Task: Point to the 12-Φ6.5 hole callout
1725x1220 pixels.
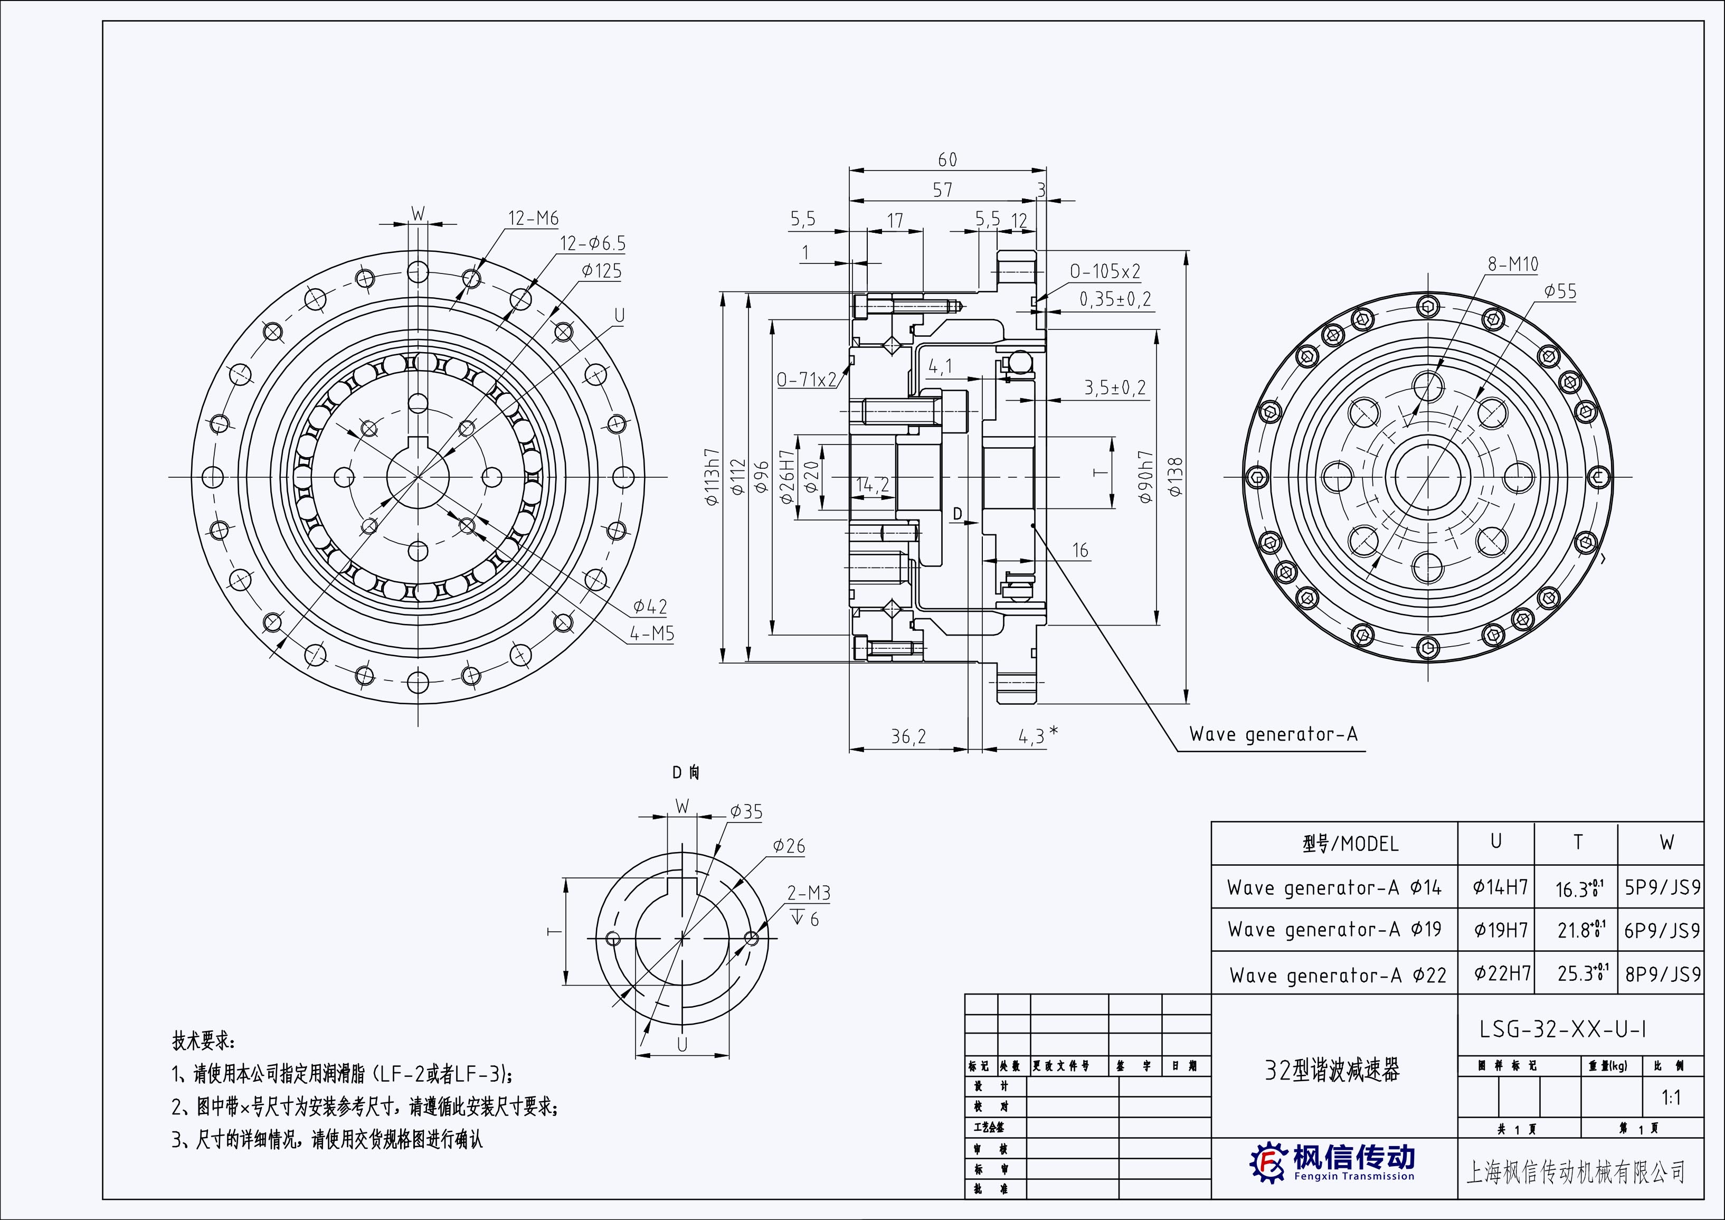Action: point(592,243)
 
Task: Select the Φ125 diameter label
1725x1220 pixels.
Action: point(601,271)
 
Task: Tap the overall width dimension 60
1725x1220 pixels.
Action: point(947,160)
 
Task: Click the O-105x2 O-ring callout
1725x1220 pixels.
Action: point(1104,271)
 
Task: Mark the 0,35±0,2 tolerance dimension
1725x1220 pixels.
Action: point(1115,300)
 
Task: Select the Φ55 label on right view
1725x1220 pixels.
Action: point(1560,291)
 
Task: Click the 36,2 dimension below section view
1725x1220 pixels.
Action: point(908,737)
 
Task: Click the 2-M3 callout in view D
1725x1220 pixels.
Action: point(809,893)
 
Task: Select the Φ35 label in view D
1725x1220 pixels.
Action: point(746,811)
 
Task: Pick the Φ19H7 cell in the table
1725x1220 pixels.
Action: point(1500,930)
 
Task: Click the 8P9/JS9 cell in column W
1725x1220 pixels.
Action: point(1662,975)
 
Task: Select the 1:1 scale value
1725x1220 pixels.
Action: point(1671,1098)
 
